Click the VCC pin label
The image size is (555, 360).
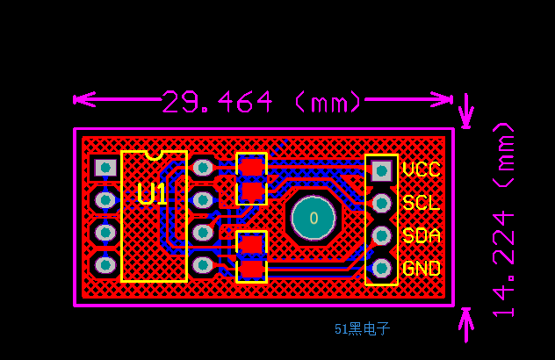coord(421,169)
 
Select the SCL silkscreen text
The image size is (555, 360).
coord(421,203)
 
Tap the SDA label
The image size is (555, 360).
coord(421,235)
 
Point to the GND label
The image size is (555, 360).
coord(421,269)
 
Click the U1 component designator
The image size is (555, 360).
coord(152,194)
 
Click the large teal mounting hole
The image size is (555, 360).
coord(313,217)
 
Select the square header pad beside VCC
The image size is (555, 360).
coord(381,169)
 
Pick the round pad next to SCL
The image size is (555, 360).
coord(381,203)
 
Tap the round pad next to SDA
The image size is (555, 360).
coord(381,235)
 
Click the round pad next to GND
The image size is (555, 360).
coord(381,268)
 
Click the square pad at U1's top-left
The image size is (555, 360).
coord(105,167)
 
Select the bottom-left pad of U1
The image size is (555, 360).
coord(105,263)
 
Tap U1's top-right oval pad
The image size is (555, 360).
coord(202,167)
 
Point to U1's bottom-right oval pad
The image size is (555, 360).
coord(202,263)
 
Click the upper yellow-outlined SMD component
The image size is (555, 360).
coord(251,178)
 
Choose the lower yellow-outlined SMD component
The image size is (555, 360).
coord(251,256)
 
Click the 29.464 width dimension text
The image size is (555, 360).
coord(262,102)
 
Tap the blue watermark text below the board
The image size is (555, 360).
coord(362,329)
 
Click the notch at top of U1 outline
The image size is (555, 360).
coord(154,155)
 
